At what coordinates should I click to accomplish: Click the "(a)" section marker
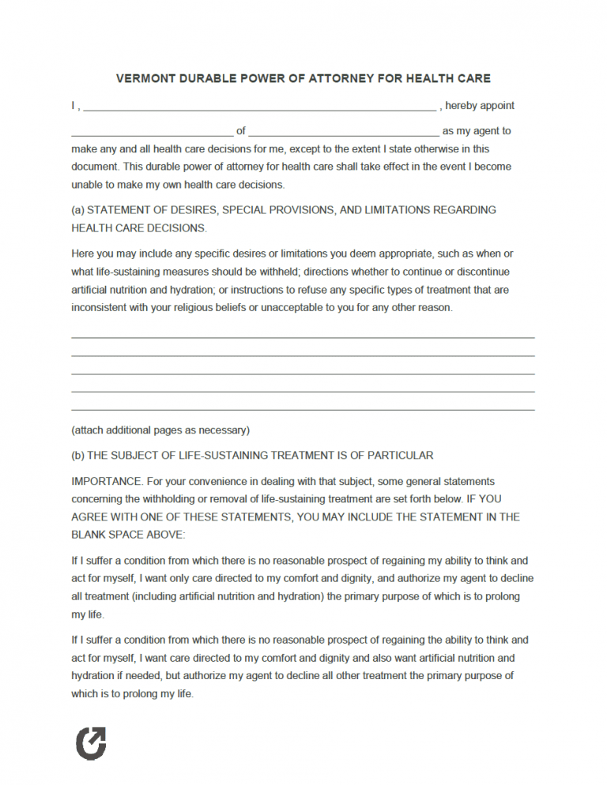[x=77, y=210]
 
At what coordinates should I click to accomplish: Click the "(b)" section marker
[x=77, y=455]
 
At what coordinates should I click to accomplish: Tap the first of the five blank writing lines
[x=303, y=337]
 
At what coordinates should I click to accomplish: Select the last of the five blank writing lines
[x=303, y=410]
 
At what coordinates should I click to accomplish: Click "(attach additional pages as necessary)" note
[x=160, y=430]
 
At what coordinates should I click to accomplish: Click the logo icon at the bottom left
[x=91, y=743]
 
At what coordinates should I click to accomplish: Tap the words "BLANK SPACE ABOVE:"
[x=128, y=535]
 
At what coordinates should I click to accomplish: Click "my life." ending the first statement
[x=87, y=614]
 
